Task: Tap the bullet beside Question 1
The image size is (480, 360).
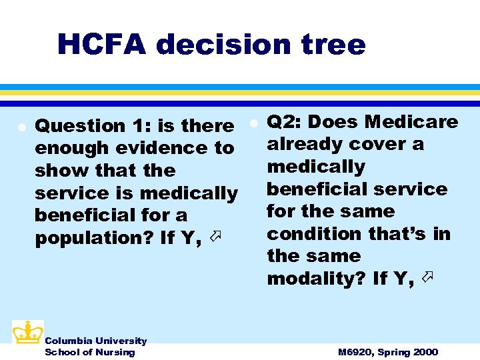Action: tap(22, 126)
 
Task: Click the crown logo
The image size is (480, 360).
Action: tap(27, 333)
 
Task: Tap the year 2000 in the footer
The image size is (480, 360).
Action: tap(425, 352)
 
